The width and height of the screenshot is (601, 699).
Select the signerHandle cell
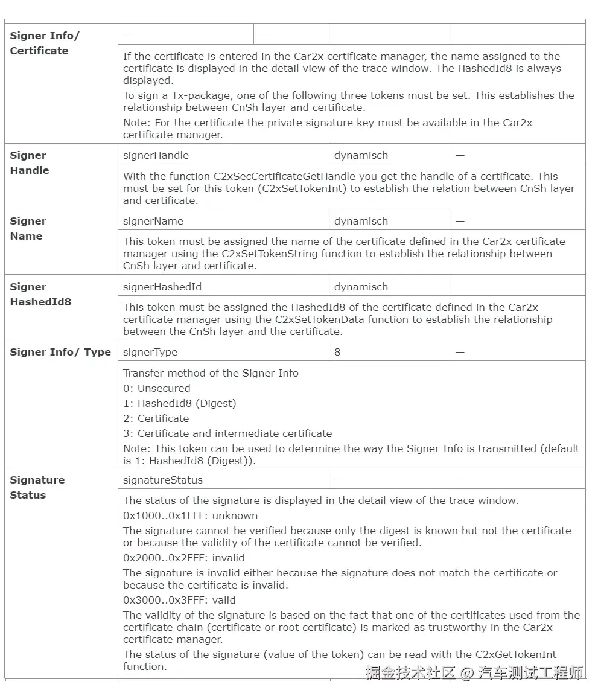pos(156,155)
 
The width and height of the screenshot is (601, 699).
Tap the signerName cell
pos(153,221)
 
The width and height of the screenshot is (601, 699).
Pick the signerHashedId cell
pos(162,287)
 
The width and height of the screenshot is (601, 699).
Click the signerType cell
pos(150,352)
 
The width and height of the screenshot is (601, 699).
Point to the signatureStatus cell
pos(163,480)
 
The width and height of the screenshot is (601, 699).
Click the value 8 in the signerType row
pos(337,352)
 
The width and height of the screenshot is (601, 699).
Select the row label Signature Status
pos(37,487)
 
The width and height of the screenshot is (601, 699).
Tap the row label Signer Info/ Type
pos(60,352)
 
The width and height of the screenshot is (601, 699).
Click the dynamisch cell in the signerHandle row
pos(361,155)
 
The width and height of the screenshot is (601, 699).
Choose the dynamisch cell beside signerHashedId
pos(361,287)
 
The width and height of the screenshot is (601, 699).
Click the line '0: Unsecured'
pos(156,388)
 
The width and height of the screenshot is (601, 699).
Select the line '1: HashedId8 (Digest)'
pos(179,403)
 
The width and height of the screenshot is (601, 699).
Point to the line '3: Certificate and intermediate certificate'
pos(227,433)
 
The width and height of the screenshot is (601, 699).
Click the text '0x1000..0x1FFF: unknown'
pos(190,515)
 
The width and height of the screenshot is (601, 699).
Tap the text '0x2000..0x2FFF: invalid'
pos(183,558)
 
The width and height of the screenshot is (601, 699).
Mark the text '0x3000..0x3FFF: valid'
pos(179,600)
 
